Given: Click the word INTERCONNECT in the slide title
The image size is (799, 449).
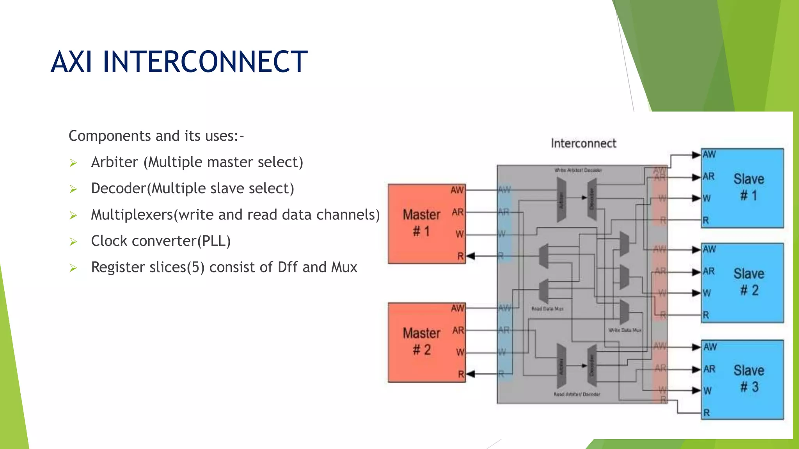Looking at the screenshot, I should [x=205, y=62].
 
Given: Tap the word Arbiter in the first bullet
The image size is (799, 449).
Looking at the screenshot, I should [x=114, y=162].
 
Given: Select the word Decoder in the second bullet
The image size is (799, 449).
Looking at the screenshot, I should [x=119, y=188].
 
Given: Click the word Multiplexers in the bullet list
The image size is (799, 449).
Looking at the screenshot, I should [x=132, y=215].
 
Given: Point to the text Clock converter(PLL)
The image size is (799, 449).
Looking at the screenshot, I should [x=161, y=241].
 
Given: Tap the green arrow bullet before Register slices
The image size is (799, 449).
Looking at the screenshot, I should [x=73, y=268].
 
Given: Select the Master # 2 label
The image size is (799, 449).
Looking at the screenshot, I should [x=421, y=341].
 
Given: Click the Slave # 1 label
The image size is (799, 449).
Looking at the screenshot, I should [x=748, y=187].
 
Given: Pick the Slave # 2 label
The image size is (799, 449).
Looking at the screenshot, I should [x=748, y=282].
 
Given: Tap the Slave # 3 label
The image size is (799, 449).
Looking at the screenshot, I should [x=748, y=378].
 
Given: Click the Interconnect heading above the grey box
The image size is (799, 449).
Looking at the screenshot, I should [x=583, y=143].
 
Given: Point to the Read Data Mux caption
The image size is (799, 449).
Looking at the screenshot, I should [x=547, y=309].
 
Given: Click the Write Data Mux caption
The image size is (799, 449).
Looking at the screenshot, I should [x=625, y=330].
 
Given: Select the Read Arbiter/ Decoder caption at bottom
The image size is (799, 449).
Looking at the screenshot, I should [x=577, y=394].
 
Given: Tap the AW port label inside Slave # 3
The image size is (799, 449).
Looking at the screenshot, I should [x=710, y=347].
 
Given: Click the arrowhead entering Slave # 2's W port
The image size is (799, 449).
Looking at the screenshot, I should [x=696, y=293].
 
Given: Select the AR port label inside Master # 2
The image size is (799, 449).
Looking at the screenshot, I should [x=458, y=331].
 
